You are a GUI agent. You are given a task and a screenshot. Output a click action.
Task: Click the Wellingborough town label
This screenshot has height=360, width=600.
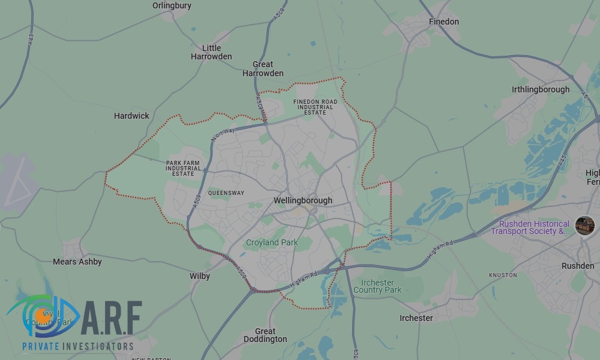(302, 200)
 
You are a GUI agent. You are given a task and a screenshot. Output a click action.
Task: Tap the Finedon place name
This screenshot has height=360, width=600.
(443, 22)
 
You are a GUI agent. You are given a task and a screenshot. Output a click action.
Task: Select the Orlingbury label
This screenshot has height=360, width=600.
(172, 5)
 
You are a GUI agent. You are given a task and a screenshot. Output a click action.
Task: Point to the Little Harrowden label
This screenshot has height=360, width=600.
(211, 52)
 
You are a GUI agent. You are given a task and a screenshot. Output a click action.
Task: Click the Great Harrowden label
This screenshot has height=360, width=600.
(263, 69)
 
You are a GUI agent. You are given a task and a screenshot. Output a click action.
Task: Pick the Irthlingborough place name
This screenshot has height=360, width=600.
(541, 89)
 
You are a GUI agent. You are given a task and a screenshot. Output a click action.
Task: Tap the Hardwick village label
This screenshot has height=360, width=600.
(131, 116)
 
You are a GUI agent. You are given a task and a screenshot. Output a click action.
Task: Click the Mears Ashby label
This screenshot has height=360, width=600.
(77, 262)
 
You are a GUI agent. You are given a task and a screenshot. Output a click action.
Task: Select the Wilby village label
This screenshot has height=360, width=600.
(200, 276)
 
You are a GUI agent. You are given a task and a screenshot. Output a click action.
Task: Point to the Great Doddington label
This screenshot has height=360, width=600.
(265, 335)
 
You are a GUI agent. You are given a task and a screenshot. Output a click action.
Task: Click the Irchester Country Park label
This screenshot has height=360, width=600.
(377, 286)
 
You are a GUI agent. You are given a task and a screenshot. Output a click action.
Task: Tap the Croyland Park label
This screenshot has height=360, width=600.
(272, 242)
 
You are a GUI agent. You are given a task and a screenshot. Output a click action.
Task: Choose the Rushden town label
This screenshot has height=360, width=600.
(578, 266)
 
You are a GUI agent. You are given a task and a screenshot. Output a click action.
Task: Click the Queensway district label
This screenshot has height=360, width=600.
(226, 193)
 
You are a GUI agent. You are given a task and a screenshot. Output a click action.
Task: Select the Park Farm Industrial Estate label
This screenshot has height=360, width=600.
(184, 168)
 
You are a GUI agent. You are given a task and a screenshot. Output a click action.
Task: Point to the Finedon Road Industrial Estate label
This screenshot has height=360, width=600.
(315, 107)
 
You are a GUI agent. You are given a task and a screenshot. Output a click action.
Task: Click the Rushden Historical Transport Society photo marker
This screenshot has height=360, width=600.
(584, 226)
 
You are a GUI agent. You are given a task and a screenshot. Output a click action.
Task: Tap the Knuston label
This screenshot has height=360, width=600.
(503, 275)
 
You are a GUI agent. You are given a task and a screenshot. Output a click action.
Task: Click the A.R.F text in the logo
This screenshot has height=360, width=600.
(112, 319)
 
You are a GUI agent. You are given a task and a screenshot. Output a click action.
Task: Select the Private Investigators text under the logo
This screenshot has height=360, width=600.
(78, 346)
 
